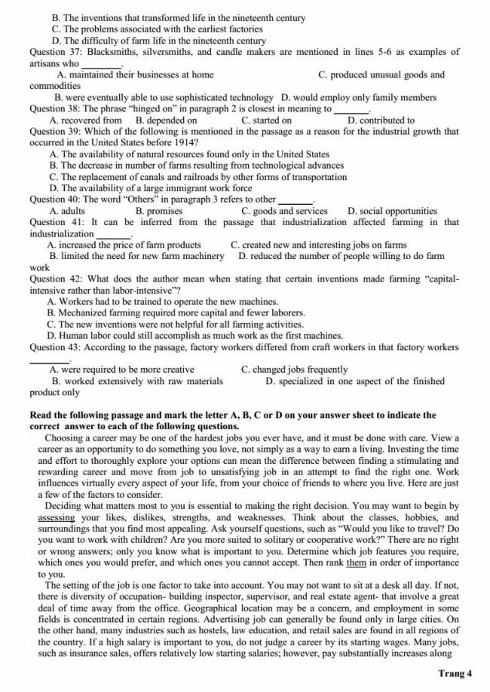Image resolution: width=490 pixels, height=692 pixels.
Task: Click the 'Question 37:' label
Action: tap(57, 52)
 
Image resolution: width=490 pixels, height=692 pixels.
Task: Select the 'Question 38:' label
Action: tap(57, 108)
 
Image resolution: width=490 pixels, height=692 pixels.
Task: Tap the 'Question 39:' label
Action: tap(57, 131)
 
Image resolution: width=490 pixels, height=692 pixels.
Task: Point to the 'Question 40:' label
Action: tap(57, 200)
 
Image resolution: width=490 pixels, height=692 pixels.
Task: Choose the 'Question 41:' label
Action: tap(57, 222)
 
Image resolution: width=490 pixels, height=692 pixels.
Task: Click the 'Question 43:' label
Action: tap(57, 347)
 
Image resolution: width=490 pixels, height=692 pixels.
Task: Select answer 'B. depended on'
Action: tap(166, 120)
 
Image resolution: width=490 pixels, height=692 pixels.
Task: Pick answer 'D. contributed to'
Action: tap(381, 120)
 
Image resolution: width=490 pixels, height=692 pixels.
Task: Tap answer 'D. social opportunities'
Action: tap(392, 211)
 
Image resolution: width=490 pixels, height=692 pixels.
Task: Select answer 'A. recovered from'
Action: tap(85, 120)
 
